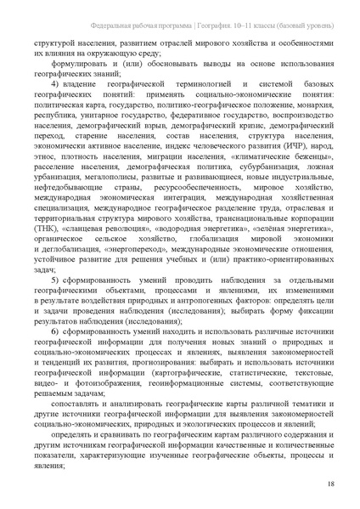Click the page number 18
[329, 485]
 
